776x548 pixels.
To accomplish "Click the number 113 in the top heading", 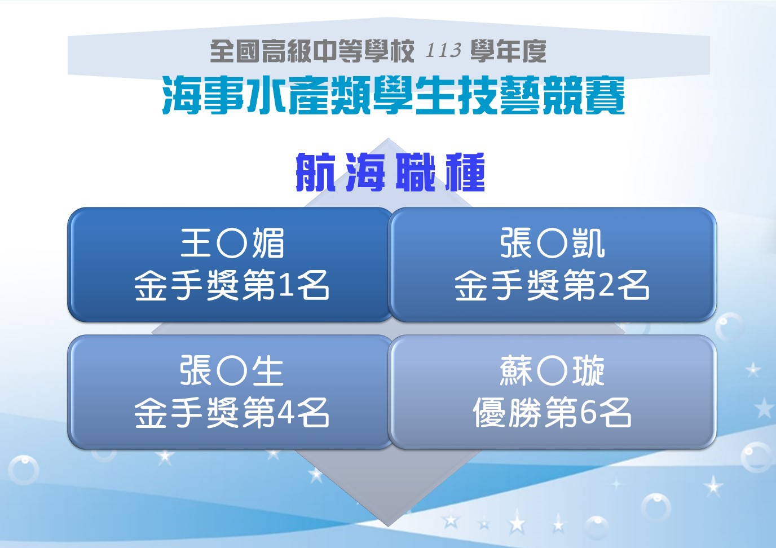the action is point(443,50).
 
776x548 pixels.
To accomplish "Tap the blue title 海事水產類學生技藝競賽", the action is point(393,96).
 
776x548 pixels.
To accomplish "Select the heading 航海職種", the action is point(390,172).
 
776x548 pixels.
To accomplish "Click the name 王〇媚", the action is point(232,243).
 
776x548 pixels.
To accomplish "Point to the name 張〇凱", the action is point(552,243).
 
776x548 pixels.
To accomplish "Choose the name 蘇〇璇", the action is point(552,370).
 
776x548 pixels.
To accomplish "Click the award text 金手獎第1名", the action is point(231,285).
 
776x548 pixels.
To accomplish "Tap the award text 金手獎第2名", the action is point(552,285).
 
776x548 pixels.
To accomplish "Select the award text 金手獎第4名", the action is point(231,413).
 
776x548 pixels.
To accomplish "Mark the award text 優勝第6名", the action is point(552,413).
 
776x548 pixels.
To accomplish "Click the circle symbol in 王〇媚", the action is point(232,244).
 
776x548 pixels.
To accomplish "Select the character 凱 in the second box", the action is point(588,243).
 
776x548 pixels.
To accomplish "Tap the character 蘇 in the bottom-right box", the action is point(516,370).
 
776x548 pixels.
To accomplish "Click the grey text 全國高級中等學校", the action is point(312,51).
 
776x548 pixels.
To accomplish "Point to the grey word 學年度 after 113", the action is point(508,51).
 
